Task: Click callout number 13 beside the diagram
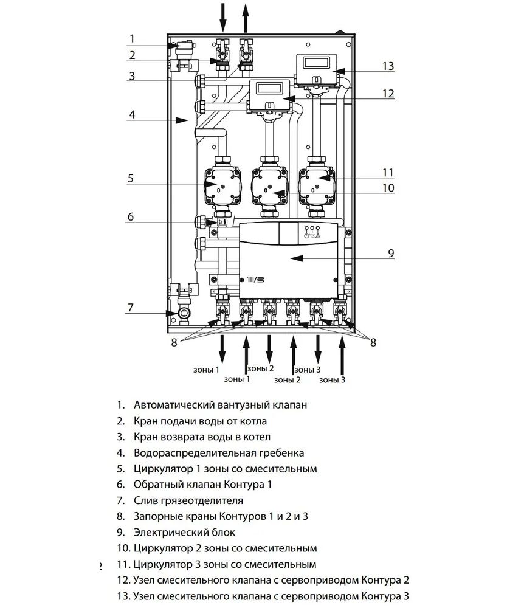pyautogui.click(x=388, y=66)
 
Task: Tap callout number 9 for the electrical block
pyautogui.click(x=391, y=253)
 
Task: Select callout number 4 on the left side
pyautogui.click(x=132, y=115)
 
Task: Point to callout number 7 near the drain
pyautogui.click(x=131, y=308)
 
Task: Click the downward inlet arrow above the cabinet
pyautogui.click(x=223, y=17)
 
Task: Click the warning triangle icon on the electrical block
pyautogui.click(x=318, y=235)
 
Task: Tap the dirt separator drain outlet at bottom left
pyautogui.click(x=184, y=313)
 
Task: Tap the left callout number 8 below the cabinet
pyautogui.click(x=174, y=342)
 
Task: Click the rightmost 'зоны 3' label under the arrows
pyautogui.click(x=332, y=380)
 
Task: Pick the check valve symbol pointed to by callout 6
pyautogui.click(x=222, y=222)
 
